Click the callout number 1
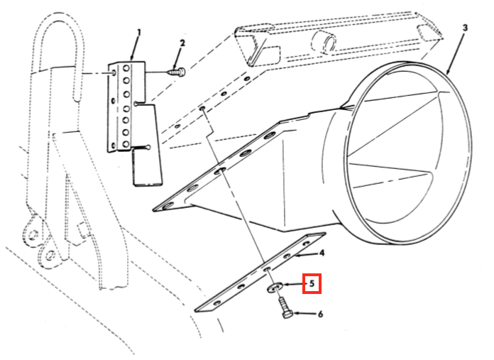[138, 33]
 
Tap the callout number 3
[465, 28]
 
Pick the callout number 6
[319, 314]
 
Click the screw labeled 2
[177, 70]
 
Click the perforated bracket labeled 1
[125, 107]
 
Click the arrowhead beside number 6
[296, 313]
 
